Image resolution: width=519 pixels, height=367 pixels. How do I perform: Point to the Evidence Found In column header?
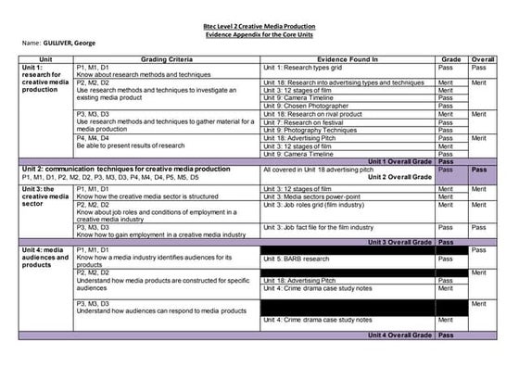tap(347, 58)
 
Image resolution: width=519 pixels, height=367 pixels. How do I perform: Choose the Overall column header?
tap(482, 58)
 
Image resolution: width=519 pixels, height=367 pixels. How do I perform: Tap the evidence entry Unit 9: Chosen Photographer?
tap(306, 105)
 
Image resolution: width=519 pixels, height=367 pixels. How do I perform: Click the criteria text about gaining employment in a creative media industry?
tap(161, 235)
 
